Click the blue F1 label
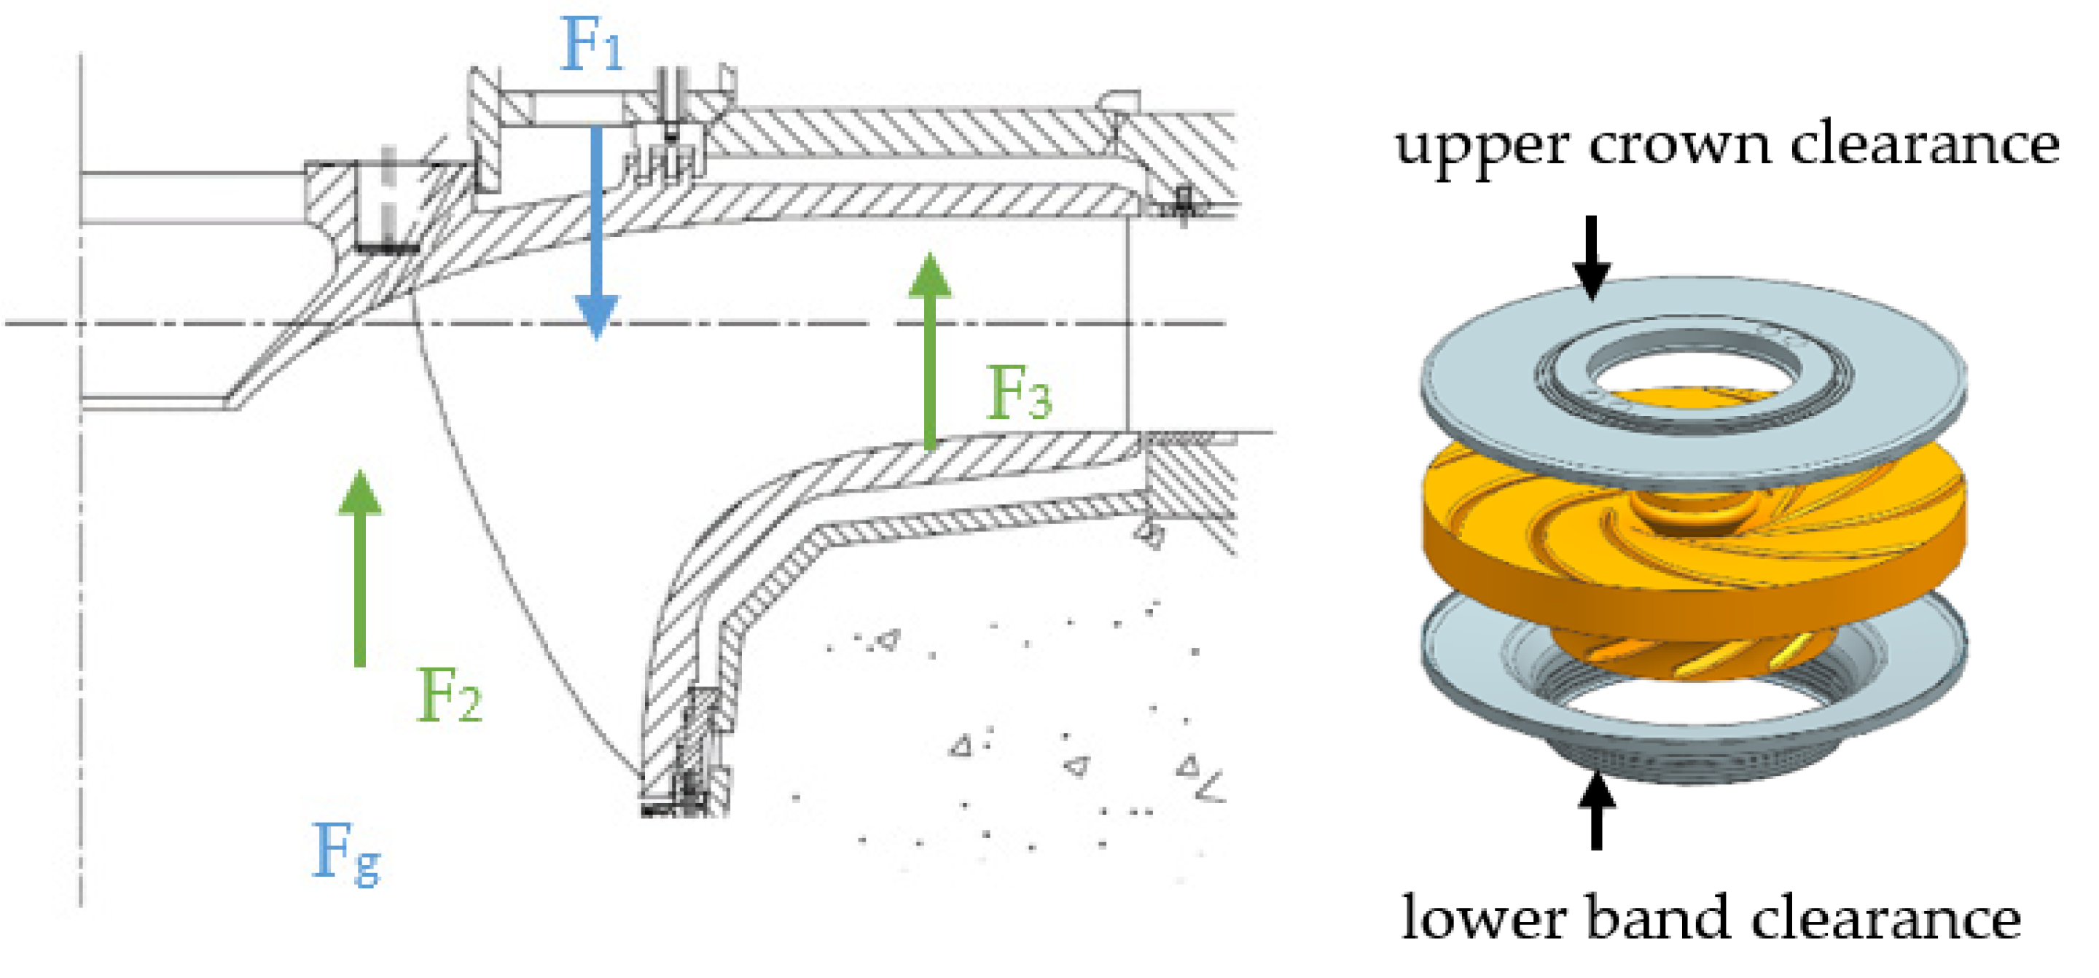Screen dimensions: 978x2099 (x=593, y=45)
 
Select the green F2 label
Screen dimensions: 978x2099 (x=449, y=695)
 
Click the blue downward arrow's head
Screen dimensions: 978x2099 (x=596, y=316)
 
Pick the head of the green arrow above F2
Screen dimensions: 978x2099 (x=360, y=493)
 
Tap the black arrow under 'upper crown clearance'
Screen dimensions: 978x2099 (x=1591, y=257)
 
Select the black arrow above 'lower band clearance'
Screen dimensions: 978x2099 (x=1596, y=810)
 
